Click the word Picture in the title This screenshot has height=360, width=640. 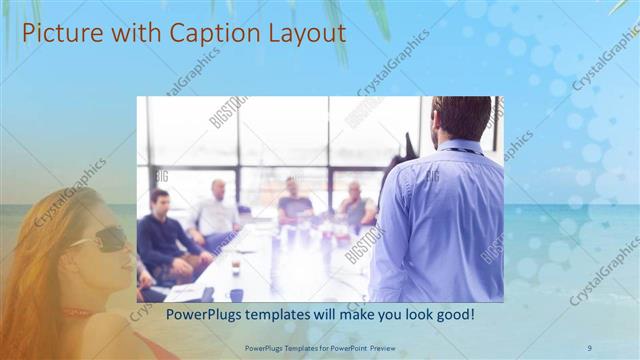pyautogui.click(x=59, y=33)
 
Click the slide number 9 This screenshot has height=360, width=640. pyautogui.click(x=589, y=347)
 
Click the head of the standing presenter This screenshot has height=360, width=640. pyautogui.click(x=461, y=118)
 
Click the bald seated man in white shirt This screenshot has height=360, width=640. pyautogui.click(x=216, y=210)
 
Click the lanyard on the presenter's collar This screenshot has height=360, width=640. pyautogui.click(x=462, y=151)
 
